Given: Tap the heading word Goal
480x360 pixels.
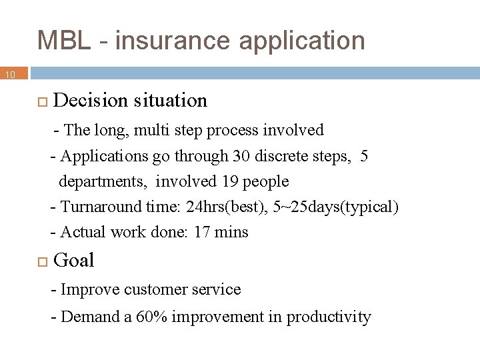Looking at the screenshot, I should tap(73, 261).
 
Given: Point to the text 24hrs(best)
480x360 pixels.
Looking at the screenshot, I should tap(227, 207).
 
